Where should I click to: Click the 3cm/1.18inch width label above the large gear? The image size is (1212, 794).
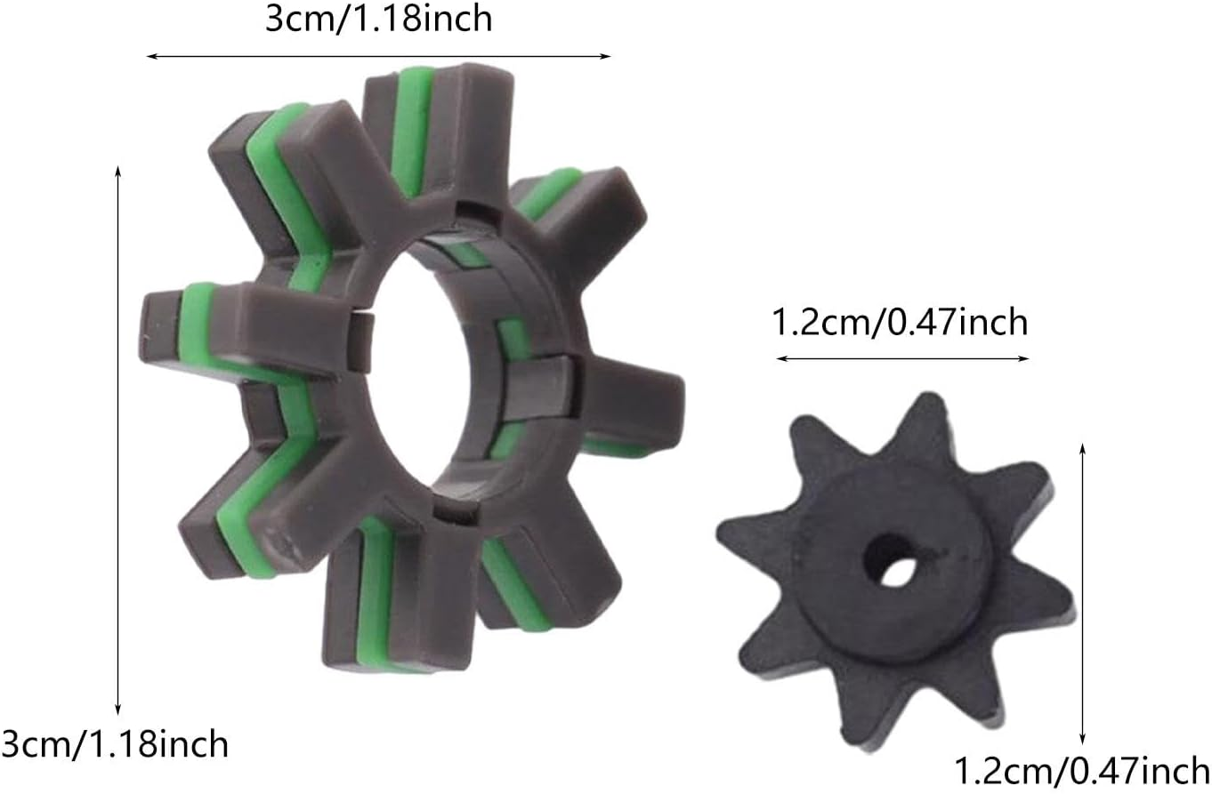(379, 20)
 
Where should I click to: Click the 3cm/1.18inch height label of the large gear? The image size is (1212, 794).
(115, 744)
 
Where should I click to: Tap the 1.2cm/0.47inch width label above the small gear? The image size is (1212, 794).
(900, 322)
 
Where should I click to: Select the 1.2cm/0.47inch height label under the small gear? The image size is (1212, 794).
(1081, 770)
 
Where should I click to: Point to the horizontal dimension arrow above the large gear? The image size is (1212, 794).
(379, 56)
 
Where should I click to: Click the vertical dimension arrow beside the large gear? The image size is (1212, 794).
(118, 440)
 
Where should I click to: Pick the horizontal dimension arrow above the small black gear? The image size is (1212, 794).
(902, 358)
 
